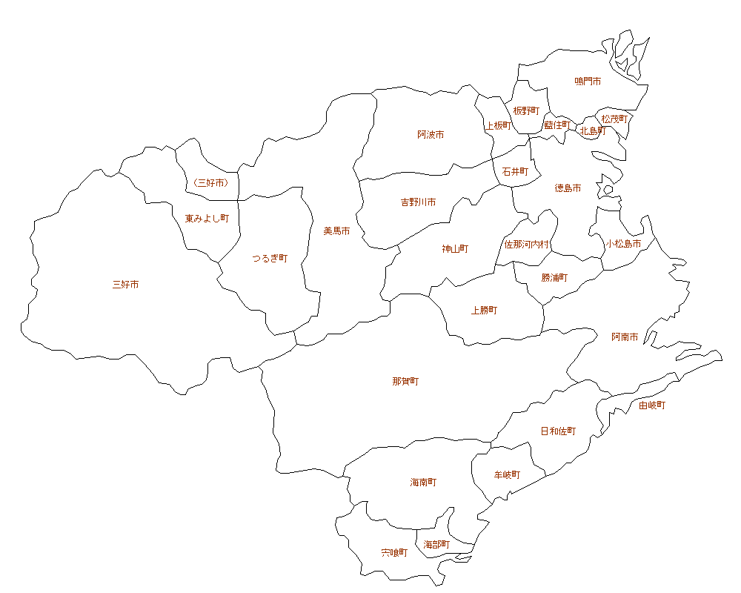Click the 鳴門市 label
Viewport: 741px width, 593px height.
pos(588,81)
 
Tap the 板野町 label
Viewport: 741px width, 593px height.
pos(526,110)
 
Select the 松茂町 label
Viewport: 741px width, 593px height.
pos(614,119)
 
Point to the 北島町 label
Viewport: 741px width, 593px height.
pos(593,131)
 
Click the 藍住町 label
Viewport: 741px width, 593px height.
pos(557,125)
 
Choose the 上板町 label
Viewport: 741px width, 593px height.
pos(498,125)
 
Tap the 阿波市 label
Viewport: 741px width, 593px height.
pos(431,135)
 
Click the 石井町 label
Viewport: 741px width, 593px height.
pos(515,171)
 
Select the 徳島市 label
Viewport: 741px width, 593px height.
pos(568,188)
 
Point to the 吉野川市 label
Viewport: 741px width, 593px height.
pos(418,202)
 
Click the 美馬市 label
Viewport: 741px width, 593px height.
pos(336,231)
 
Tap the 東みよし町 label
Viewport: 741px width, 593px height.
pos(207,219)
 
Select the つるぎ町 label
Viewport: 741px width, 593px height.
pos(270,258)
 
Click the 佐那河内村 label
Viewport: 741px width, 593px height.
pos(527,244)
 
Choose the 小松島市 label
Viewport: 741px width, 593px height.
pos(623,243)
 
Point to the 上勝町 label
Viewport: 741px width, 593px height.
pos(484,311)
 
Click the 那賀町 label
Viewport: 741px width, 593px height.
pos(405,382)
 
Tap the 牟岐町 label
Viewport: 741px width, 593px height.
pos(507,474)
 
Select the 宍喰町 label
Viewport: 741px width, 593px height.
pos(394,552)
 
